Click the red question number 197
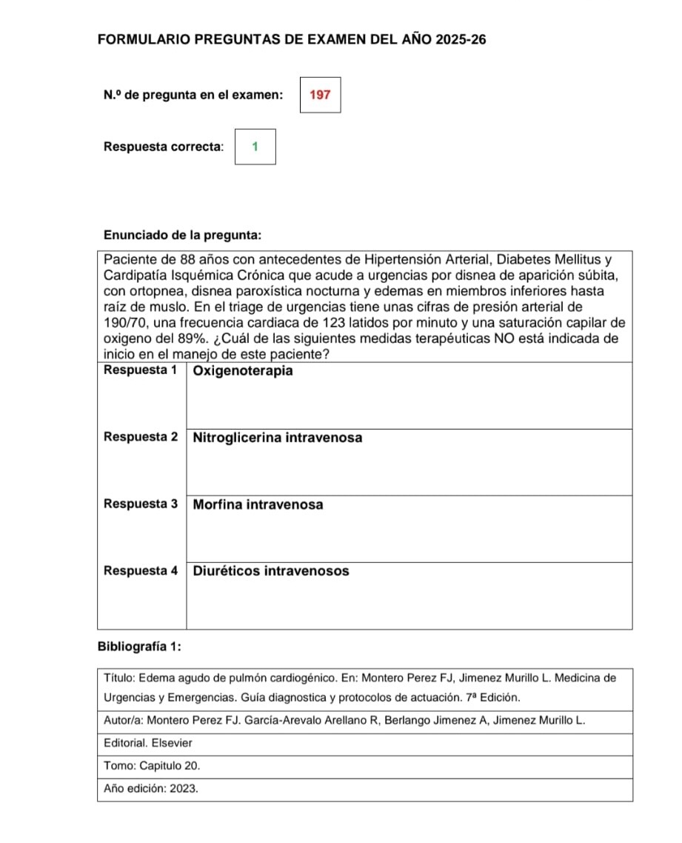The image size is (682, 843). click(320, 95)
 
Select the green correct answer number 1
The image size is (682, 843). click(255, 146)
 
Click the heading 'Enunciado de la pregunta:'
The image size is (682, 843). click(182, 236)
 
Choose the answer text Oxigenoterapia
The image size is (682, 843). click(243, 370)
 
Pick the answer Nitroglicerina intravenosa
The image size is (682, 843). click(278, 437)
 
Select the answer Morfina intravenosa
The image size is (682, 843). click(258, 504)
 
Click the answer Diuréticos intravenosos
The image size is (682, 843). click(271, 571)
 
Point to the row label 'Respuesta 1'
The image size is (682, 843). click(141, 370)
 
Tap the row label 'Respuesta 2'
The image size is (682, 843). click(141, 437)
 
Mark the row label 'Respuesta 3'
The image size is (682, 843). click(141, 504)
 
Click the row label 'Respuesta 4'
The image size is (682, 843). click(141, 571)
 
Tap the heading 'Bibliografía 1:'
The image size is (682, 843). click(140, 646)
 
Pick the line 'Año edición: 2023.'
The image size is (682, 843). click(151, 789)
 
